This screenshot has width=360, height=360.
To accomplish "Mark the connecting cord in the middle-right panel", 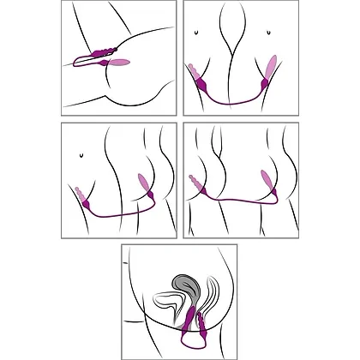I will [x=240, y=220].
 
